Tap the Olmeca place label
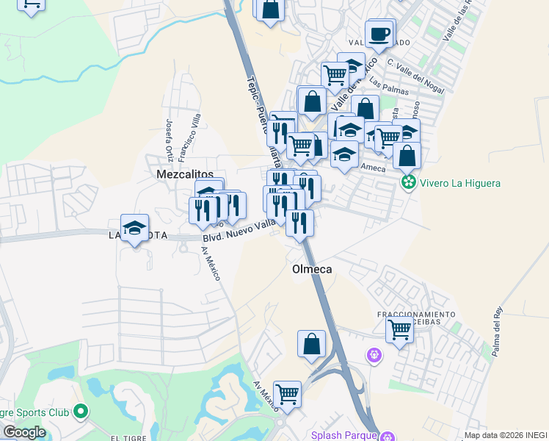point(312,269)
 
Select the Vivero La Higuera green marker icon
point(408,182)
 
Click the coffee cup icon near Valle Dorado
point(379,34)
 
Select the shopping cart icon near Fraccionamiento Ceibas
point(399,329)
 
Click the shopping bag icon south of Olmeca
point(311,343)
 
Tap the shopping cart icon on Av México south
point(287,394)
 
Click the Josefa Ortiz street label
point(170,137)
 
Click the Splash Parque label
point(341,435)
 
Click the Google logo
point(24,431)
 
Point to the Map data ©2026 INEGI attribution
point(506,435)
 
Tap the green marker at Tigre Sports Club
point(81,411)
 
